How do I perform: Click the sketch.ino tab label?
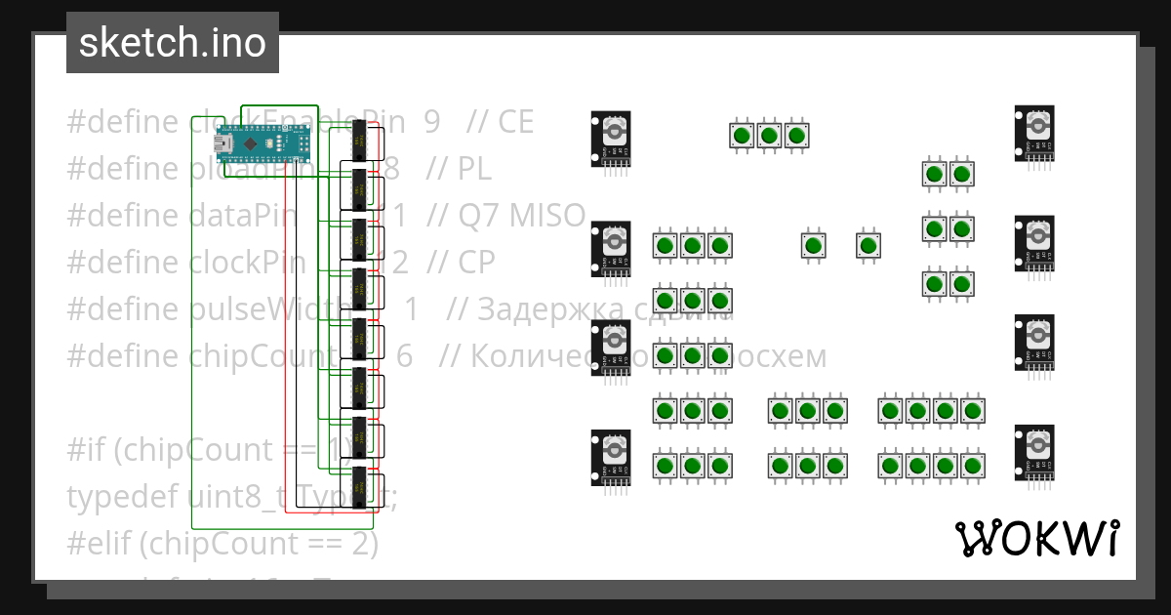(x=172, y=43)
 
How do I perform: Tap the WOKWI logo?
(x=1036, y=538)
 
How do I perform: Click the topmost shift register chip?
(x=359, y=141)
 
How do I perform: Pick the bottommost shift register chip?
(x=359, y=488)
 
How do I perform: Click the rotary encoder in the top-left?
(x=612, y=139)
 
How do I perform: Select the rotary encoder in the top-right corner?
(x=1034, y=133)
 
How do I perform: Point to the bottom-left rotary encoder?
(x=612, y=457)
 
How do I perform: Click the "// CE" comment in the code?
(x=501, y=122)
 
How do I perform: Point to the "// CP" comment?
(x=461, y=263)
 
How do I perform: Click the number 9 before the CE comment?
(x=431, y=122)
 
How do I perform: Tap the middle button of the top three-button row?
(x=769, y=135)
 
